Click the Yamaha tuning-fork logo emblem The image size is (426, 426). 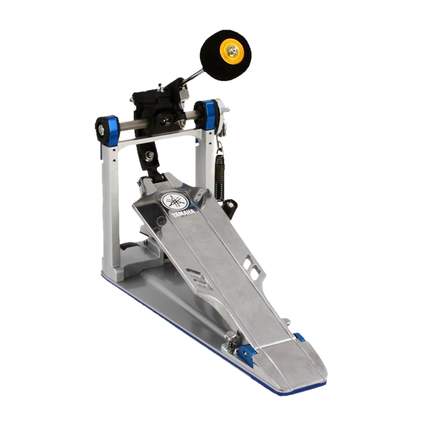[175, 201]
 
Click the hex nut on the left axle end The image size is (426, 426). [101, 126]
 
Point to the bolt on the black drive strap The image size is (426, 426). [150, 156]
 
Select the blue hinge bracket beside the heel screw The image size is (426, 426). [246, 355]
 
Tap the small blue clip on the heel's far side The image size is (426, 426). [300, 337]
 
